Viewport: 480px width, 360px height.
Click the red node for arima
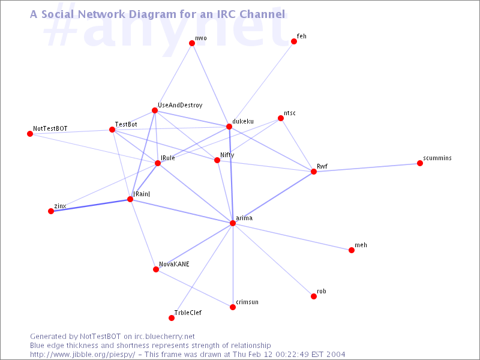(233, 223)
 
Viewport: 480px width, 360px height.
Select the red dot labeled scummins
(420, 163)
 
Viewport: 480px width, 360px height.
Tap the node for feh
(294, 41)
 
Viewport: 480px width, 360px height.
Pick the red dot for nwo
(192, 43)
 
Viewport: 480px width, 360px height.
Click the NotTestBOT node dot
(30, 134)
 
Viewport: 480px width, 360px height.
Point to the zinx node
(51, 211)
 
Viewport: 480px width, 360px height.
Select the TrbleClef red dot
(172, 318)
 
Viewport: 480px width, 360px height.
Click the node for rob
(314, 296)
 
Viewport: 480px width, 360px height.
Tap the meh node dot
(352, 250)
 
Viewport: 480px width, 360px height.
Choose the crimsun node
(233, 307)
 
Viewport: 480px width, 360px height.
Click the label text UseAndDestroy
(180, 106)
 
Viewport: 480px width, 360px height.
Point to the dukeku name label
(243, 121)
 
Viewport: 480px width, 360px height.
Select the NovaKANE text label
(174, 264)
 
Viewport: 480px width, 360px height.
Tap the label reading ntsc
(290, 113)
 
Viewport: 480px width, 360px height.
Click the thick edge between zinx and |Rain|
(91, 205)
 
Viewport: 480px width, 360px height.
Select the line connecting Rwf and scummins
(367, 167)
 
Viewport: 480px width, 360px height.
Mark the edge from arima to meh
(292, 236)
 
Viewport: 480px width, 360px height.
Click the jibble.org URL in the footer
(82, 355)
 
